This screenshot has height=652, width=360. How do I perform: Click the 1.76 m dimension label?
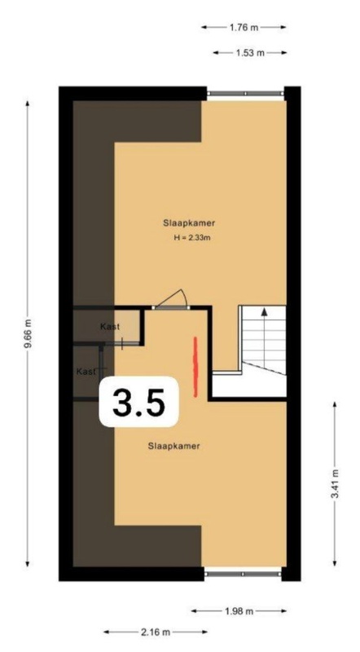[x=244, y=28]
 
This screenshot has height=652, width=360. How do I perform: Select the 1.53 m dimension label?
[x=250, y=53]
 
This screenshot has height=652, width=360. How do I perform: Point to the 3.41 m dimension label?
[x=335, y=484]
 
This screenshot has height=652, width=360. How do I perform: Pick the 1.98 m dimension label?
[x=239, y=610]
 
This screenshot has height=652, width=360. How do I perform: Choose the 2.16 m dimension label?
[x=156, y=632]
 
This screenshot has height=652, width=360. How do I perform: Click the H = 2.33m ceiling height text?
[x=190, y=238]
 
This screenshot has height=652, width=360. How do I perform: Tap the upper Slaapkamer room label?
[x=189, y=222]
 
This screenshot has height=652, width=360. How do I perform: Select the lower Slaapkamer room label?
[x=174, y=446]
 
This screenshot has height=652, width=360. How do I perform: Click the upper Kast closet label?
[x=110, y=327]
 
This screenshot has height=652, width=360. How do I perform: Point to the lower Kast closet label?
[x=86, y=372]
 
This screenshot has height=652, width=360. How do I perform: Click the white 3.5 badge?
[x=138, y=402]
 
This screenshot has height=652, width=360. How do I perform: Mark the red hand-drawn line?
[x=195, y=367]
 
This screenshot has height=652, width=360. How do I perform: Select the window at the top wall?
[x=245, y=94]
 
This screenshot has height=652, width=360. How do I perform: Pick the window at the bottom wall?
[x=243, y=574]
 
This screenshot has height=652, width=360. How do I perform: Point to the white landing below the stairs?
[x=248, y=385]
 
